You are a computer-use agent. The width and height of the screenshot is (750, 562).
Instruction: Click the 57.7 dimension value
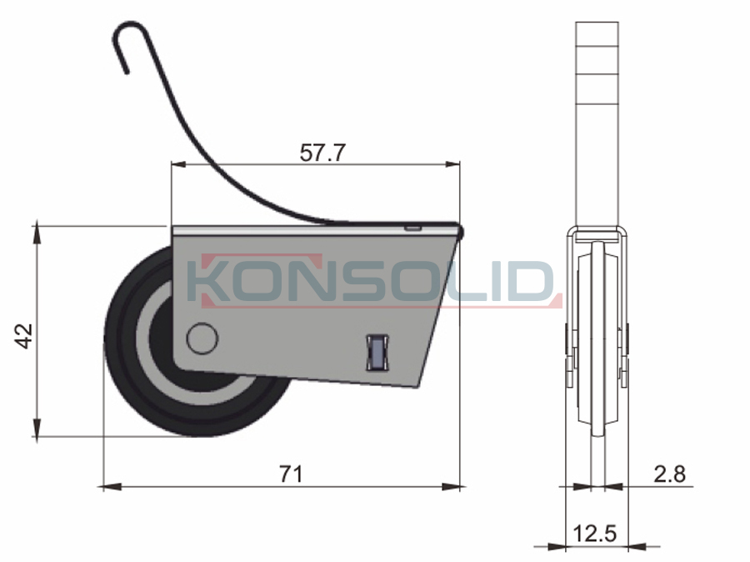tap(322, 153)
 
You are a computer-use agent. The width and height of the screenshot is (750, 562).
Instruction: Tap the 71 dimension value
tap(291, 474)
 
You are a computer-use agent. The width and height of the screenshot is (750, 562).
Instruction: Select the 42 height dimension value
tap(24, 336)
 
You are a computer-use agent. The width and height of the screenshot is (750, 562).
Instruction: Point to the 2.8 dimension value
tap(670, 474)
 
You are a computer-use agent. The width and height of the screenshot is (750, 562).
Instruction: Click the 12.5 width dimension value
tap(595, 534)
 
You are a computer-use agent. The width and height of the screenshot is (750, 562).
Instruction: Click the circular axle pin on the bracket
tap(202, 338)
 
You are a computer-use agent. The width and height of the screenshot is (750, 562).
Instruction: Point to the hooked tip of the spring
tap(127, 73)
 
